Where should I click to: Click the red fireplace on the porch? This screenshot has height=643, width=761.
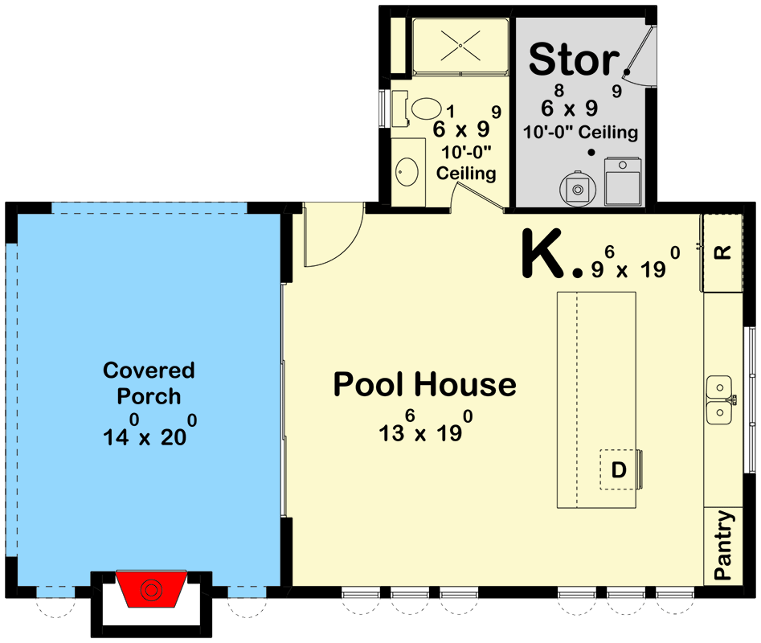pyautogui.click(x=151, y=588)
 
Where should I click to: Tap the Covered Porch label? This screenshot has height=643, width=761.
pyautogui.click(x=149, y=383)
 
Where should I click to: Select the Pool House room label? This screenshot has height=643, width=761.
pyautogui.click(x=424, y=385)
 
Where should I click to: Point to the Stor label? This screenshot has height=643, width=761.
pyautogui.click(x=574, y=59)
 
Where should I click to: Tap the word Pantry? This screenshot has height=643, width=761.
pyautogui.click(x=723, y=546)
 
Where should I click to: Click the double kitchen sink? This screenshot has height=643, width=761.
pyautogui.click(x=719, y=399)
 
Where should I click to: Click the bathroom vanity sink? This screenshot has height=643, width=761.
pyautogui.click(x=407, y=170)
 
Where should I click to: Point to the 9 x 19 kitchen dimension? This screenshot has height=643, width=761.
pyautogui.click(x=636, y=264)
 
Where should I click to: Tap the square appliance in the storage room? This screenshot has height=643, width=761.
pyautogui.click(x=624, y=181)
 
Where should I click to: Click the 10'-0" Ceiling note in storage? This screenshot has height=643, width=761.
pyautogui.click(x=580, y=133)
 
